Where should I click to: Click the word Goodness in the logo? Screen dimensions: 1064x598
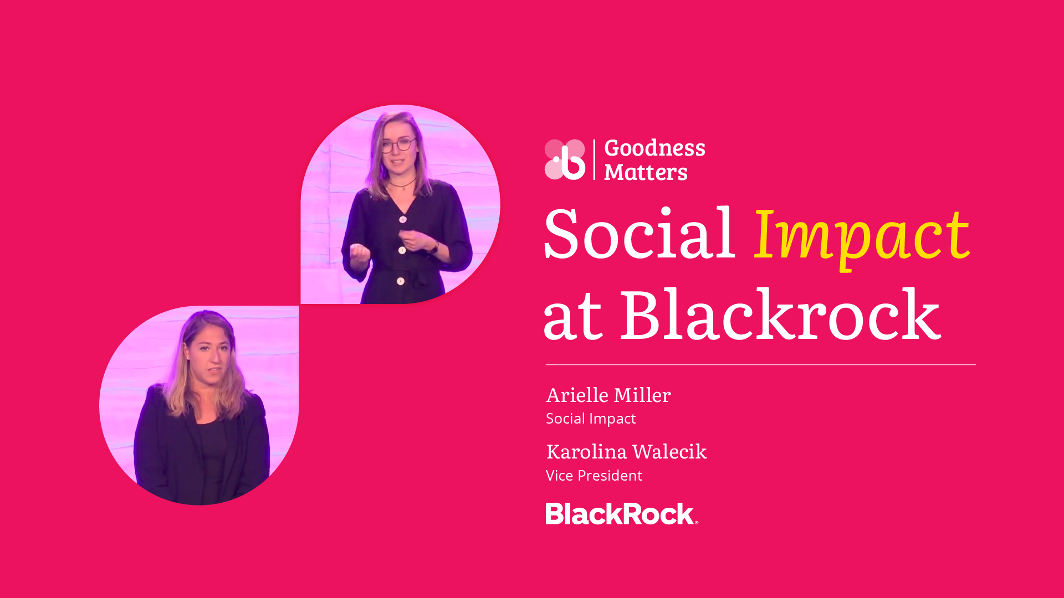tap(654, 148)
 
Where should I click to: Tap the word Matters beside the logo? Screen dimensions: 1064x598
tap(646, 172)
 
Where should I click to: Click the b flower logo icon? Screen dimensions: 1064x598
tap(565, 159)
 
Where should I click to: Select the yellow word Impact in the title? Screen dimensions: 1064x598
tap(862, 236)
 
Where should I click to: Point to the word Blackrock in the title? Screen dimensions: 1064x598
tap(780, 314)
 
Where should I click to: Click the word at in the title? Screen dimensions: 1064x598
tap(573, 318)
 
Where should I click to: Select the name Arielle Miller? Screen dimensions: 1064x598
tap(608, 395)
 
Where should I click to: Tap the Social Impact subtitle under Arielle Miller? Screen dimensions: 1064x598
tap(591, 419)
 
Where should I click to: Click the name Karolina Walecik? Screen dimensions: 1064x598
tap(626, 452)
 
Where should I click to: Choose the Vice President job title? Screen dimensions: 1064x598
tap(594, 476)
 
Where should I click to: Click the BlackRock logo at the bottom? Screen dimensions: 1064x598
tap(622, 514)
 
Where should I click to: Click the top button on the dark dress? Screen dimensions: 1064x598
tap(403, 219)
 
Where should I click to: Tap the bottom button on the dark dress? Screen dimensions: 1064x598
tap(401, 281)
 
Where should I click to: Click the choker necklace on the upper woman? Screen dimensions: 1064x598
tap(402, 184)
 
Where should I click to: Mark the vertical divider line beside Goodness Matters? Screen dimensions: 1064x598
tap(594, 159)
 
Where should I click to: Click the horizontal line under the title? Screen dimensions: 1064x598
tap(761, 365)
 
